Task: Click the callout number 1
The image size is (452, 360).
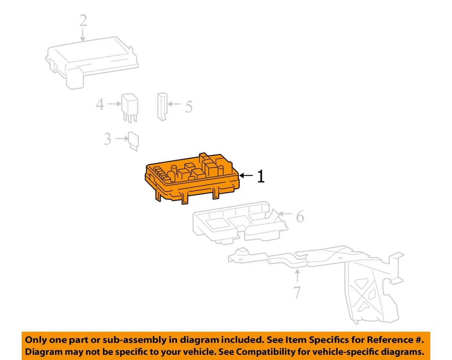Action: click(260, 176)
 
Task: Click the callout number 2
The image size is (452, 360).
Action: click(83, 21)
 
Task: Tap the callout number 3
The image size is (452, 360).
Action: click(108, 139)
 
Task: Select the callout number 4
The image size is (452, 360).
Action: click(100, 104)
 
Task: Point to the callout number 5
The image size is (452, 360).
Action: click(188, 107)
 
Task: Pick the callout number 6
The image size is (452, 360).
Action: click(299, 217)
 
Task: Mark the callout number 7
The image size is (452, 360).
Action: click(297, 292)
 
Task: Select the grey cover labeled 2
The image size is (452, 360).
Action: click(92, 61)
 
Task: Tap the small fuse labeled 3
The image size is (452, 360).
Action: click(134, 141)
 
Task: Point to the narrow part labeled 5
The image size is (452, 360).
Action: click(161, 106)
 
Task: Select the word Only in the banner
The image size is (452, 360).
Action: click(36, 339)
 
